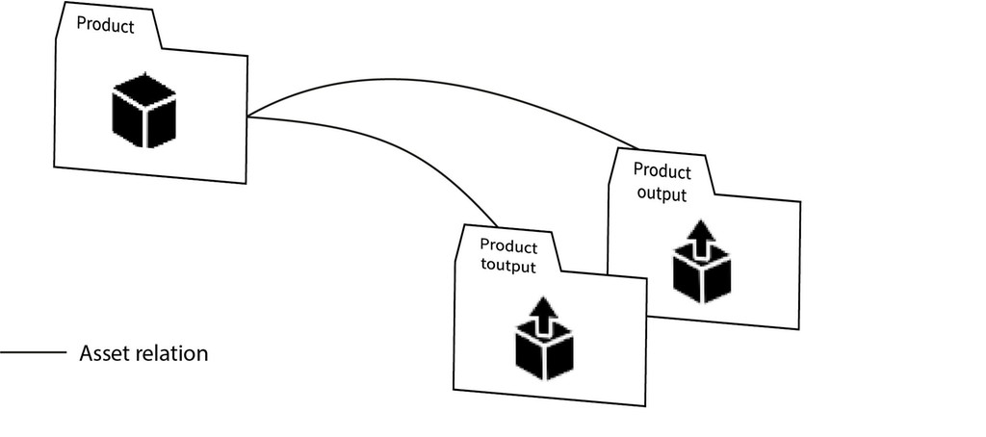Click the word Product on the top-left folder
coord(105,26)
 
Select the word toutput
coord(507,265)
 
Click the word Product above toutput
coord(508,246)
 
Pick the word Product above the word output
coord(662,172)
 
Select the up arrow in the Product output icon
coord(702,234)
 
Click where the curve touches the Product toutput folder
coord(498,225)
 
